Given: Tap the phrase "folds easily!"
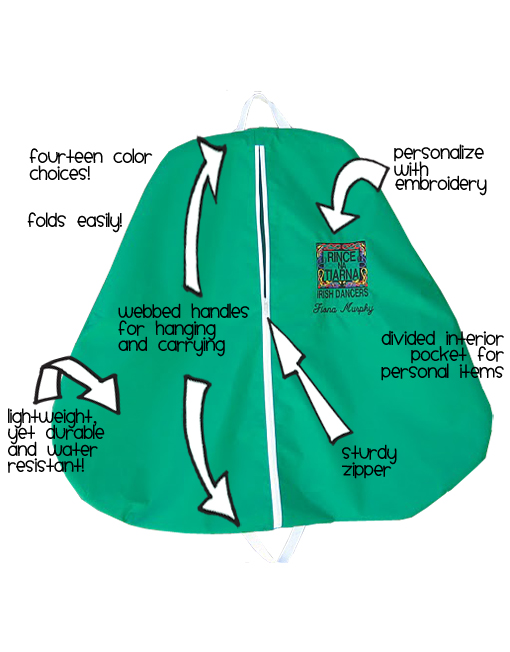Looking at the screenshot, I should (75, 220).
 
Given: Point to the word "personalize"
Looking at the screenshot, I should (438, 154).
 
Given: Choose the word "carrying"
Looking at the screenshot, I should (196, 346).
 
